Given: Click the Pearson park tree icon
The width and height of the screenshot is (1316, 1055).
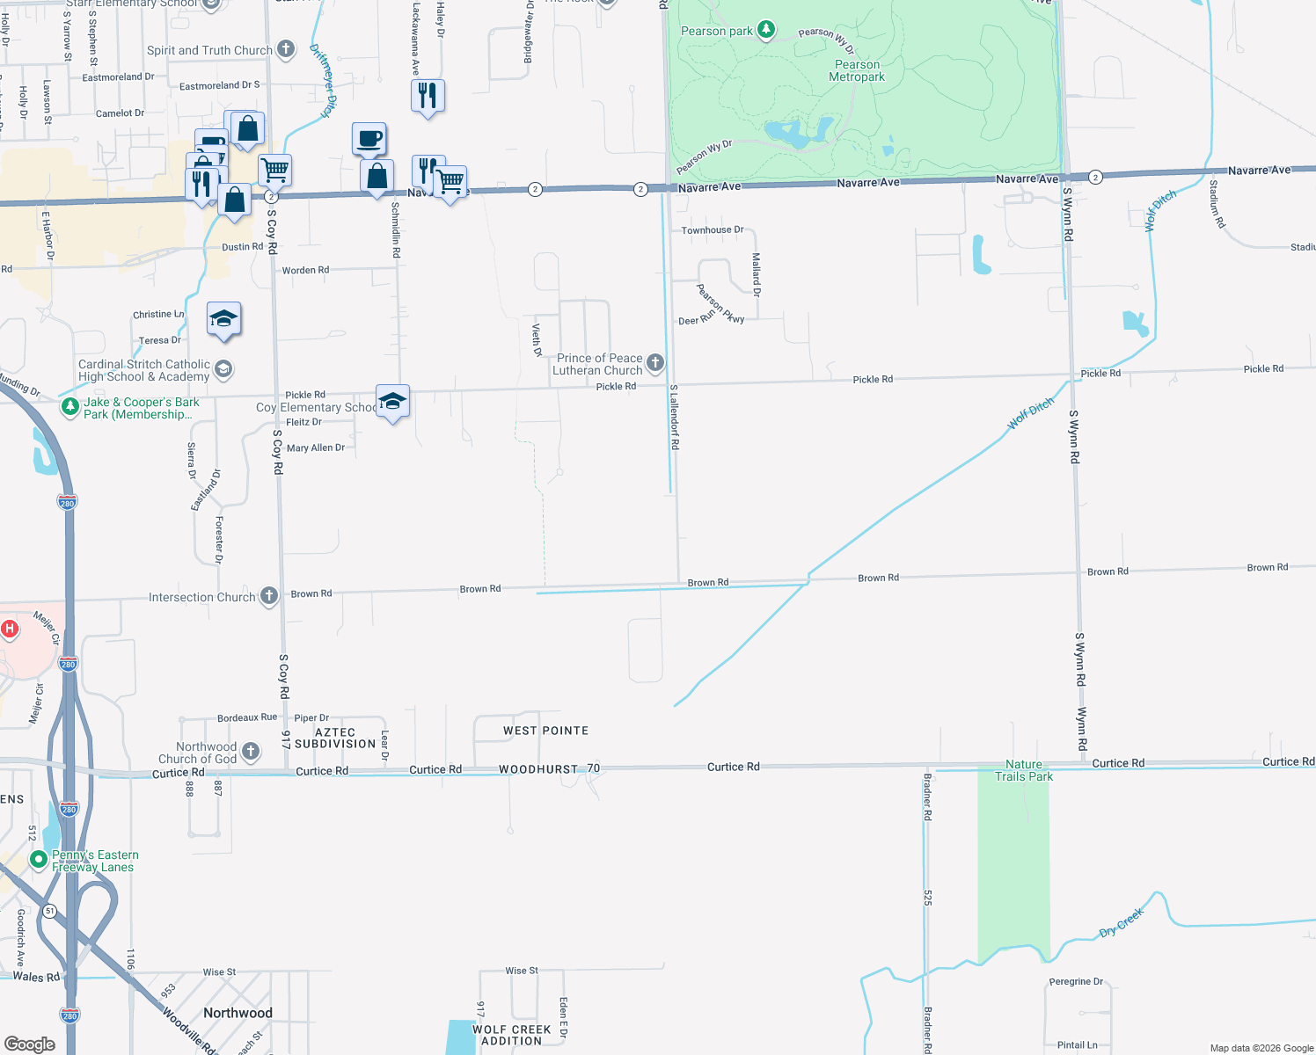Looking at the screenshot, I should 766,31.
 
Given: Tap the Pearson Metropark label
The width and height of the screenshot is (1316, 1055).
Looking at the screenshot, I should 857,71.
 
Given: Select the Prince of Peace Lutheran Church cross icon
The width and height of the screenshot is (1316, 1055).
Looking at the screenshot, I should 655,362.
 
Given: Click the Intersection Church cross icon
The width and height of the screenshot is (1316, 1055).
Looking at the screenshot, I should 269,596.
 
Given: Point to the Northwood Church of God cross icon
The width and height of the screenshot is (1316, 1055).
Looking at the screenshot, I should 251,751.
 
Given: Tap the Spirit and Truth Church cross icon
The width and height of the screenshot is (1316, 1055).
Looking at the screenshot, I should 286,49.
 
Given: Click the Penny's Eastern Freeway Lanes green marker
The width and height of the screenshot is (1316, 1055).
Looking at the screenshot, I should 38,859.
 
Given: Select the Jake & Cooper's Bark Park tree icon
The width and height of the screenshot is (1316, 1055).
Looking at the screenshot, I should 70,407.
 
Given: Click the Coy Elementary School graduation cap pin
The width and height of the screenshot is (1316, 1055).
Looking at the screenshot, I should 392,402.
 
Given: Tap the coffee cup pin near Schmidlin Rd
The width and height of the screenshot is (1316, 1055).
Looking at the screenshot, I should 369,139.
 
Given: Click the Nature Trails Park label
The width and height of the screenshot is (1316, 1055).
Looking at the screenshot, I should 1024,771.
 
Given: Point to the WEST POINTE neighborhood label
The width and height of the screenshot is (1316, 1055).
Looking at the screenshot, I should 545,731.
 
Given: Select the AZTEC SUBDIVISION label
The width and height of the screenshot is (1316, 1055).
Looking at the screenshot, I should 335,738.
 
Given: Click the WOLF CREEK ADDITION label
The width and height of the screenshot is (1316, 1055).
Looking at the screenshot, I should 511,1036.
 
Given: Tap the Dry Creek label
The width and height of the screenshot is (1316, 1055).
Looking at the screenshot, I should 1122,922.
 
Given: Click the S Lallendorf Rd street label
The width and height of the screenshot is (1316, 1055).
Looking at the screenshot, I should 675,418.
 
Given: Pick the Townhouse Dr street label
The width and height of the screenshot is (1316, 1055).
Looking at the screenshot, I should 713,230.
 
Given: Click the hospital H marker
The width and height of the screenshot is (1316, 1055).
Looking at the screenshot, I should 10,629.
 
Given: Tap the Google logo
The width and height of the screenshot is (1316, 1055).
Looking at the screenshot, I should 30,1044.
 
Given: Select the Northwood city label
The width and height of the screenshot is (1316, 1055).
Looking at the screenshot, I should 238,1013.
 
